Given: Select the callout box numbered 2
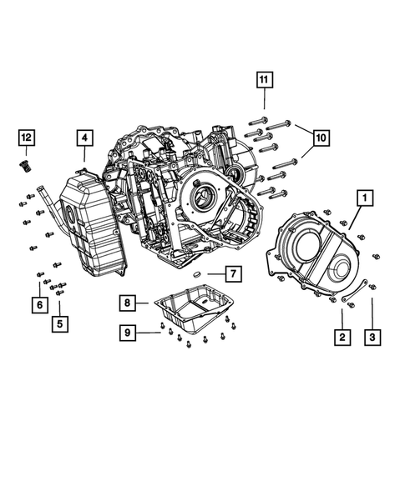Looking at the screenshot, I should point(341,338).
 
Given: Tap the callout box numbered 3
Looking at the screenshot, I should point(372,338).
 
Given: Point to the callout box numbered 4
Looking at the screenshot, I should point(84,138).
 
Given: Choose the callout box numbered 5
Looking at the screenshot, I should point(59,323).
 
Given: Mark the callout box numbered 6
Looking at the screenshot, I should point(38,306).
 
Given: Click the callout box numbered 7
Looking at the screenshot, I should point(233,273).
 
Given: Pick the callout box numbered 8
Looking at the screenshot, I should point(126,302).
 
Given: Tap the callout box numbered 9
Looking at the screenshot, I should point(126,333).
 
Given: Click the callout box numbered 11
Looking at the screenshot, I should point(264,80).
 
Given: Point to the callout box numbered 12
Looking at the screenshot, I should point(27,137).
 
